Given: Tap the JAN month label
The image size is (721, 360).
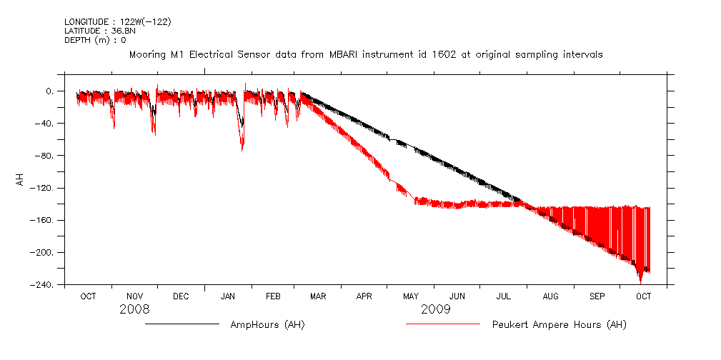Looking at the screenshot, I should [x=228, y=296].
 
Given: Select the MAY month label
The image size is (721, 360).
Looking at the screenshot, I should [x=411, y=296].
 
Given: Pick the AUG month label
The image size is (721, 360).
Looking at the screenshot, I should [x=550, y=296].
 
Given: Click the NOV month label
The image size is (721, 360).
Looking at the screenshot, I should [x=134, y=296].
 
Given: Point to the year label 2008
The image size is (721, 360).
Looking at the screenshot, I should [x=135, y=309].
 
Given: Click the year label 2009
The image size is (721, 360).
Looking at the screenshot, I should [x=436, y=309].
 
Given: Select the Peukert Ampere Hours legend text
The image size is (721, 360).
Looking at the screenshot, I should [x=559, y=325].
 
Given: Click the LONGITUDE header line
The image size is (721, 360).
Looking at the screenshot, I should [x=118, y=21].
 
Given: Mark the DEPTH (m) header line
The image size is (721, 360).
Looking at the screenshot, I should [x=95, y=40].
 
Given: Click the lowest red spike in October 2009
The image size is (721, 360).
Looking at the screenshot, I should [x=640, y=283].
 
